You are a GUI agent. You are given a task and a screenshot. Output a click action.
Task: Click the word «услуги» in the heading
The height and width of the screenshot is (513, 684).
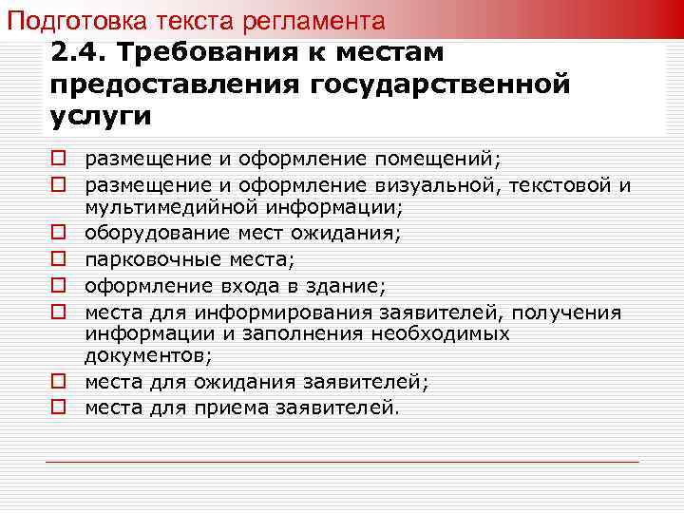98,115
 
